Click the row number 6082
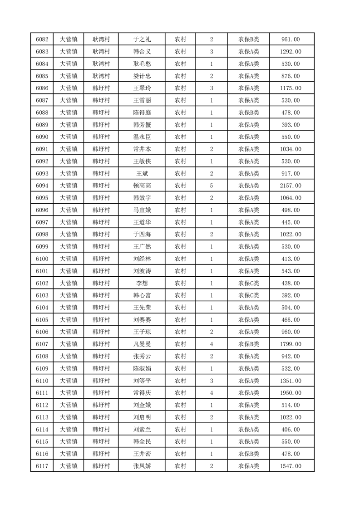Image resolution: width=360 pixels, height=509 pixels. coord(42,39)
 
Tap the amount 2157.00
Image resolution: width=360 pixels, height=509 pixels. coord(291,186)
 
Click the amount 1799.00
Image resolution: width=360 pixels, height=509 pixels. coord(291,344)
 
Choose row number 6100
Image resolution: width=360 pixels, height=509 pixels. coord(42,259)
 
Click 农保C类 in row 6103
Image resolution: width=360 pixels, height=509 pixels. coord(248,295)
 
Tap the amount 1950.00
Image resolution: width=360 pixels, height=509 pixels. coord(291,392)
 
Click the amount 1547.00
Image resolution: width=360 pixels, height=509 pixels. coord(291,465)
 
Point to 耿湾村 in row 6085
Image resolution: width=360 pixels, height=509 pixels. coord(101,76)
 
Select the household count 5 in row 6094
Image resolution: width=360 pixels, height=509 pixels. coord(212,186)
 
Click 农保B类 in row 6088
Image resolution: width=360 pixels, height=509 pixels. coord(248,113)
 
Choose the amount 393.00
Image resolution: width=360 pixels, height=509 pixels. coord(291,125)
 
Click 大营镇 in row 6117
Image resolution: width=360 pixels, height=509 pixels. coord(69,465)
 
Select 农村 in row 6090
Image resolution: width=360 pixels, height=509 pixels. coord(180,137)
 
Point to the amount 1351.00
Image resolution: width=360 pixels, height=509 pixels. coord(291,380)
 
